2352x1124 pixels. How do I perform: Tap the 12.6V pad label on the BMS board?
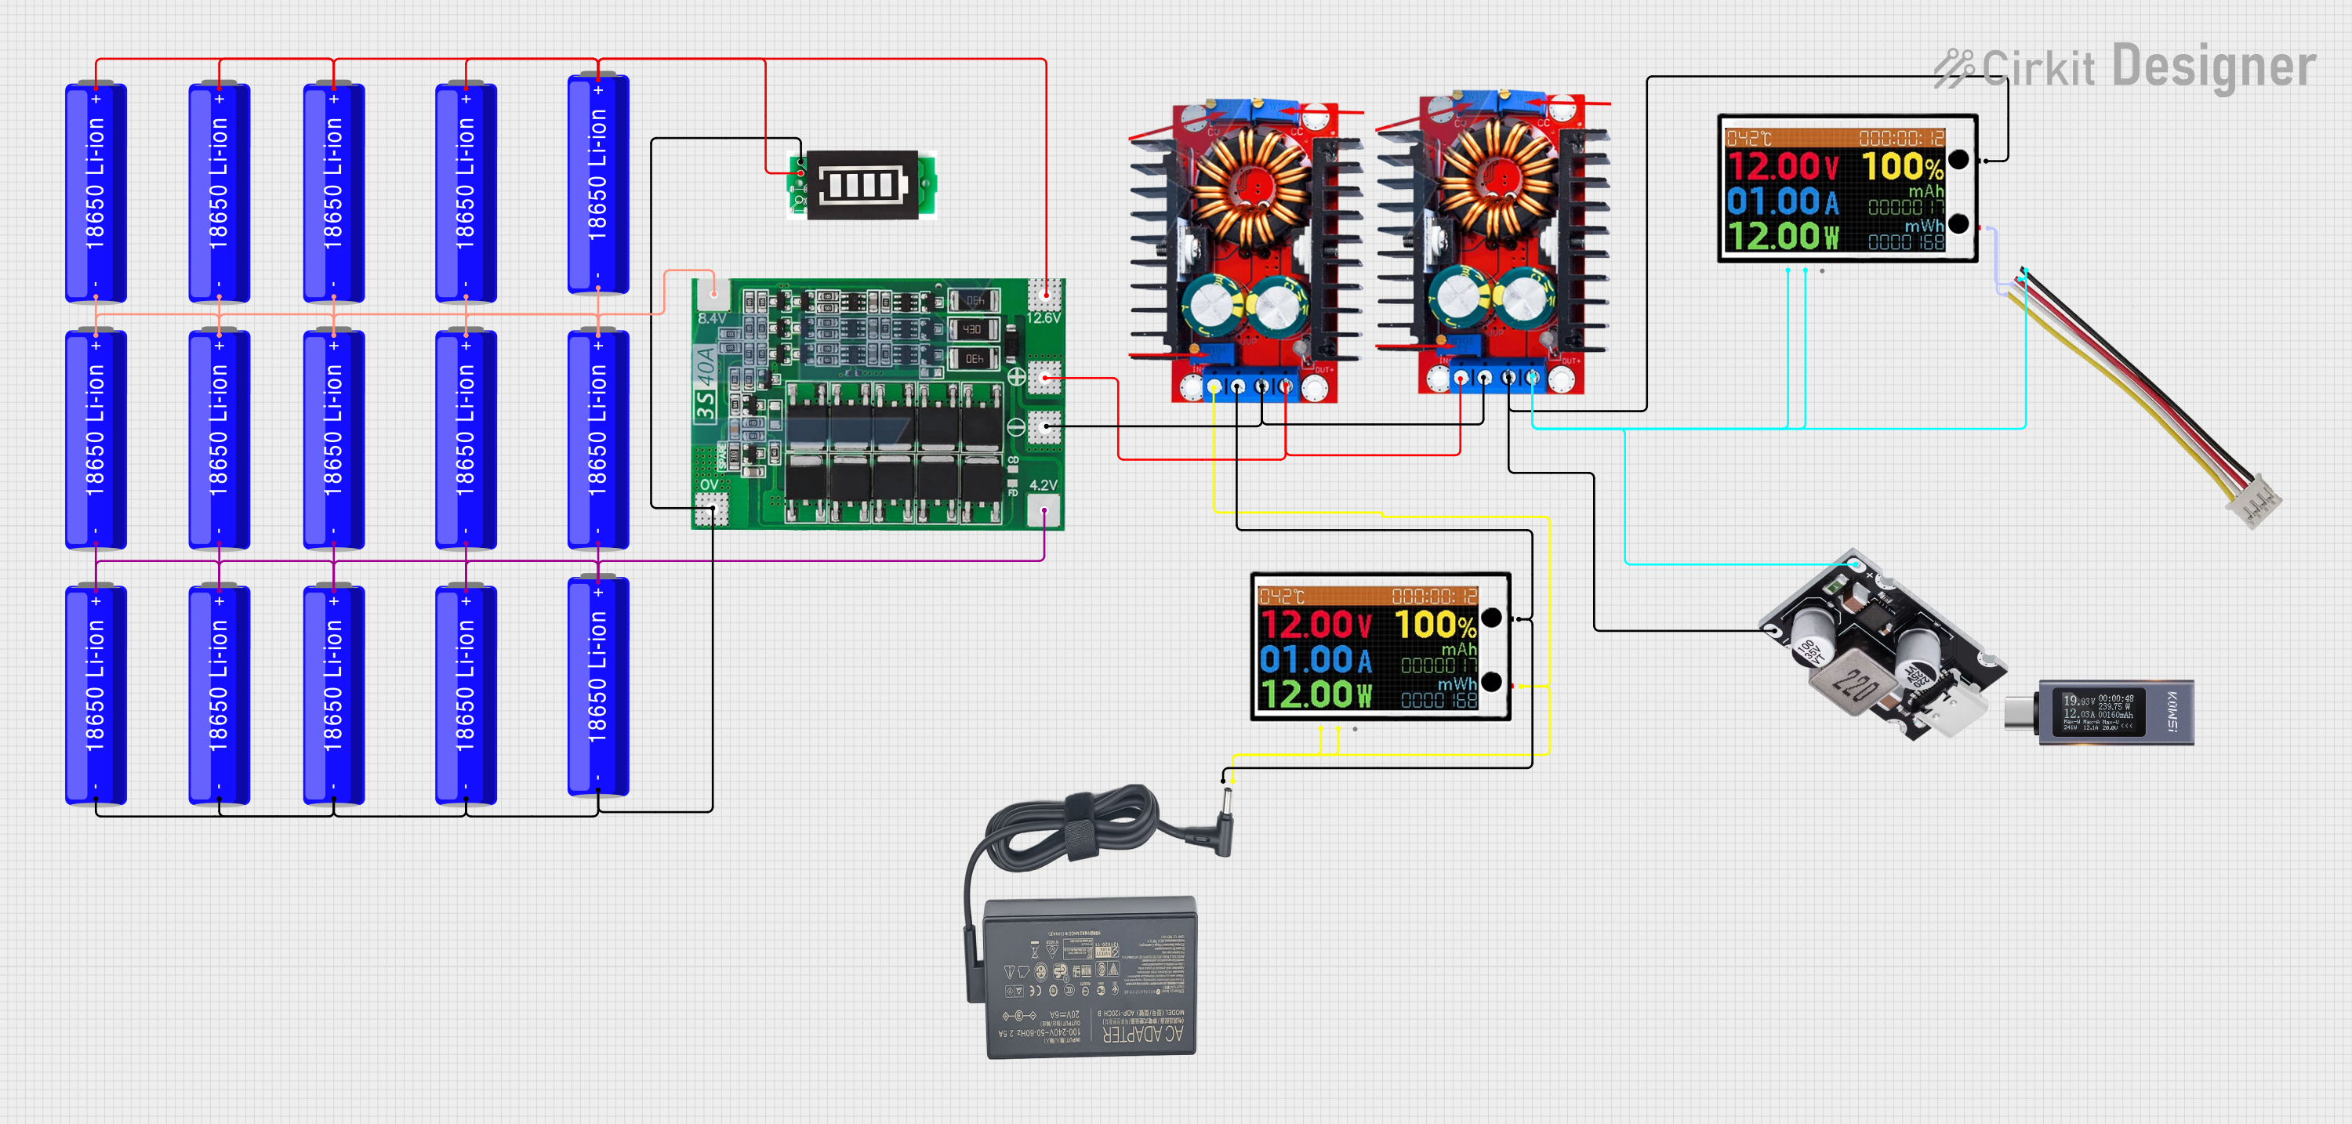pos(1043,317)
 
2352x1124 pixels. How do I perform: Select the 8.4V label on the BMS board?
pos(711,317)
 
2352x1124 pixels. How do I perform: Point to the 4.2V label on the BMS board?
pos(1043,485)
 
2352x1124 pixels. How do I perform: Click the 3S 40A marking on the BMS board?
pos(706,383)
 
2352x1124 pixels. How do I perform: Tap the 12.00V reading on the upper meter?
pos(1781,167)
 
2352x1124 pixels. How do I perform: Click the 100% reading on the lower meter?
pos(1435,625)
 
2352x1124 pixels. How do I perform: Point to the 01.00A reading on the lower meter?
pos(1314,659)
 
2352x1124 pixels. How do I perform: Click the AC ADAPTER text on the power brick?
pos(1142,1034)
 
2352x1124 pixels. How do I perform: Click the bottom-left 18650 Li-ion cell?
pos(96,694)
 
